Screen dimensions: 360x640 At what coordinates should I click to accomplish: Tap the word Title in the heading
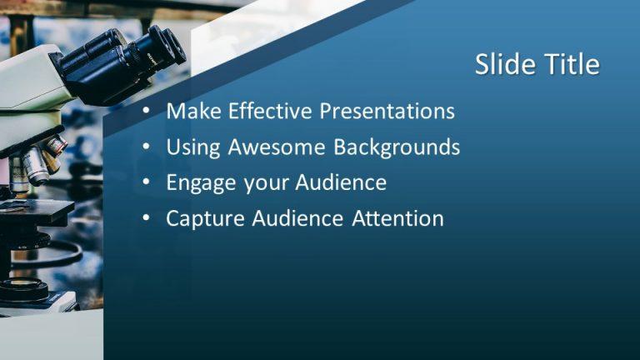pyautogui.click(x=570, y=64)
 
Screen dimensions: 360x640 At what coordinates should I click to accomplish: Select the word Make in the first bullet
pyautogui.click(x=192, y=111)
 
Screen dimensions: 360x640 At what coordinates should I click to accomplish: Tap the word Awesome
pyautogui.click(x=277, y=147)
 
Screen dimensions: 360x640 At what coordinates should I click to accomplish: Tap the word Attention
pyautogui.click(x=397, y=219)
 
